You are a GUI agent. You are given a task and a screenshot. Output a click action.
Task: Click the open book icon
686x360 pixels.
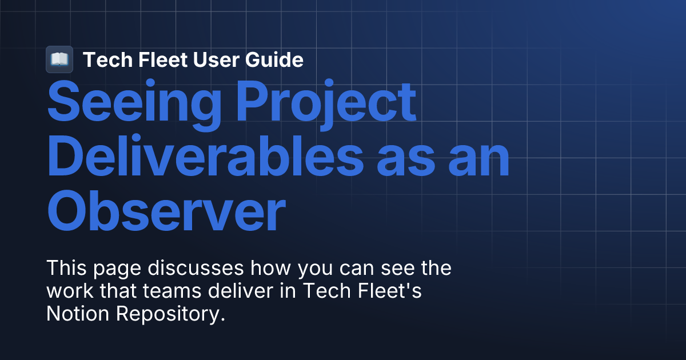59,59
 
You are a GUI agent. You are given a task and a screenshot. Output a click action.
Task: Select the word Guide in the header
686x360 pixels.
277,59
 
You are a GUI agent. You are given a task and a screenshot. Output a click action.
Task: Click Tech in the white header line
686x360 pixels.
102,59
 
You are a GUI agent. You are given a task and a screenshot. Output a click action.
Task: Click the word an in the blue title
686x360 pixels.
478,157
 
